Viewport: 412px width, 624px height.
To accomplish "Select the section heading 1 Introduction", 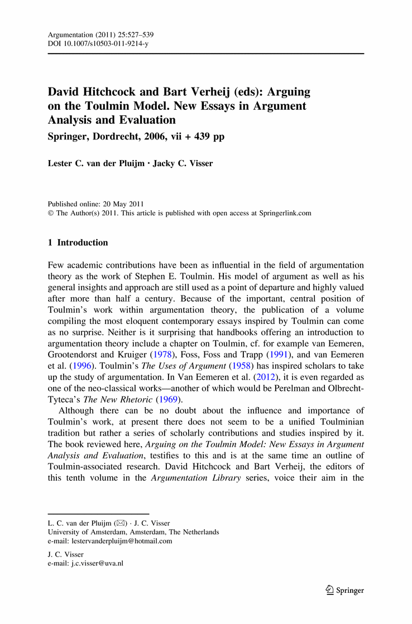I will (78, 243).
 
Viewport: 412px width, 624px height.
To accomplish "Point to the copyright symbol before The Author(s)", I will (51, 213).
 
